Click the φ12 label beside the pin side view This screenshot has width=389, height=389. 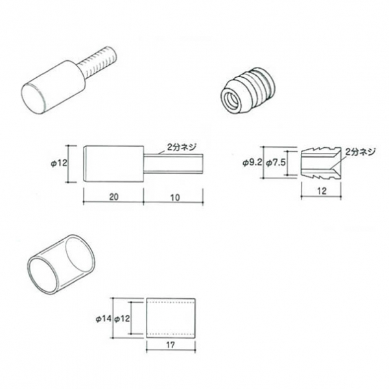point(59,163)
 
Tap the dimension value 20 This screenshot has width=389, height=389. point(114,197)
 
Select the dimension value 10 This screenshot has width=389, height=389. point(175,198)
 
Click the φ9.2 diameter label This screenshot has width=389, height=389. point(252,163)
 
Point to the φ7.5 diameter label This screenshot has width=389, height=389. point(276,163)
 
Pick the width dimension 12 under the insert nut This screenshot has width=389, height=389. point(322,191)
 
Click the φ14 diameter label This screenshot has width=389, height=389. point(104,318)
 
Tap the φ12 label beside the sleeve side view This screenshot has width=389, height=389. point(122,318)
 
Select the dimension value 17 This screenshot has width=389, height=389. point(171,345)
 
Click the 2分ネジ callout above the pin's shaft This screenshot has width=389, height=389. point(182,147)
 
